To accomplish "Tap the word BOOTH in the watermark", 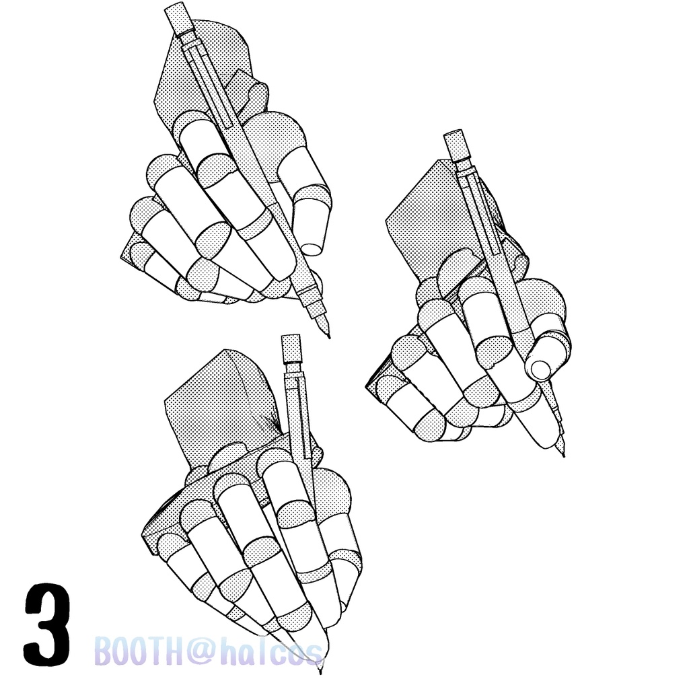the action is coord(138,652).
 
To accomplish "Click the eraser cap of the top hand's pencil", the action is coord(179,20).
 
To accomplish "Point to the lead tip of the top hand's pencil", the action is coord(328,336).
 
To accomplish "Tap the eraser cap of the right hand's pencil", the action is coord(454,145).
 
